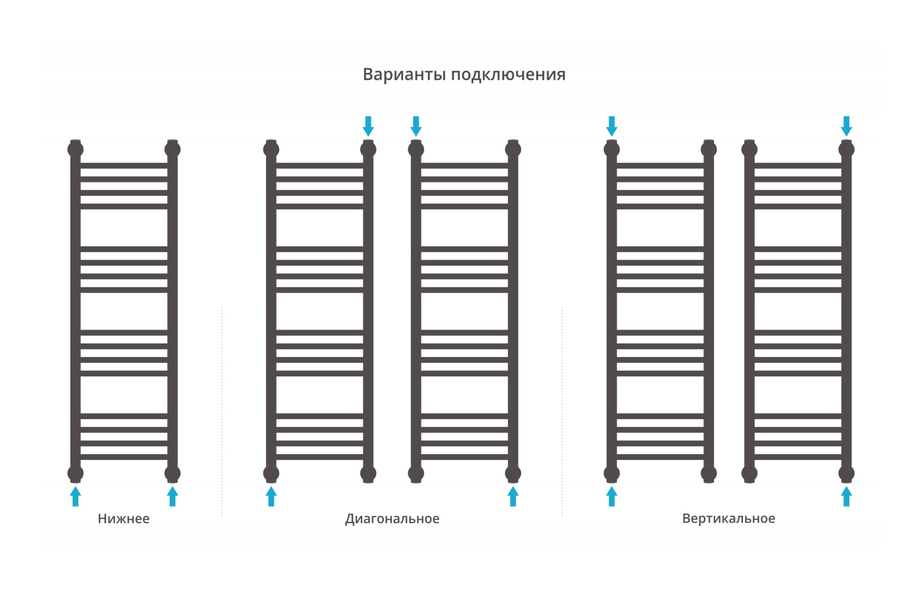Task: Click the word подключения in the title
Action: [508, 75]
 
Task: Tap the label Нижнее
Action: [124, 519]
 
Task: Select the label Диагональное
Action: [393, 519]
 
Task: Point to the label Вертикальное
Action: [728, 519]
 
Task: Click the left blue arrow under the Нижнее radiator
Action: [75, 496]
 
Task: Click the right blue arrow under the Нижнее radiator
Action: [173, 496]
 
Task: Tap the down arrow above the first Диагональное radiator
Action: [368, 126]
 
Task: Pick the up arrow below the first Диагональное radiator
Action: [271, 496]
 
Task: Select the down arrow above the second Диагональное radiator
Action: [416, 126]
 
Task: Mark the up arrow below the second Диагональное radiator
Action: [513, 496]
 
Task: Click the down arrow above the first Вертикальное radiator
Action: [612, 126]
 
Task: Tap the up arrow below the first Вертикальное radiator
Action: [612, 496]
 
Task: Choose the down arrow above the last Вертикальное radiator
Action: [846, 126]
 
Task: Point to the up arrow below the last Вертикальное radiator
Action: [846, 496]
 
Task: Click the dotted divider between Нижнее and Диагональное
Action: [222, 411]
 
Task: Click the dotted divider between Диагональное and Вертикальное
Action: [562, 411]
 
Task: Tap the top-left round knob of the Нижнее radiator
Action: [75, 149]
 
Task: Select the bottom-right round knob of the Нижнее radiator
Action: [173, 474]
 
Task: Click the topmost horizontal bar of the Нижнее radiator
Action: [124, 165]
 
